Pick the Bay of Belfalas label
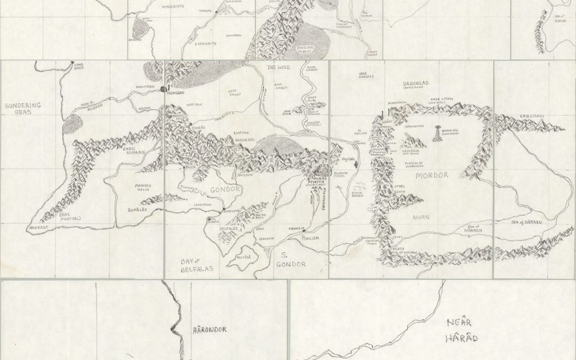pos(194,265)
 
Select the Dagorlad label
pos(415,84)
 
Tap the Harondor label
pos(209,330)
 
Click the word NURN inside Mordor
pos(420,218)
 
